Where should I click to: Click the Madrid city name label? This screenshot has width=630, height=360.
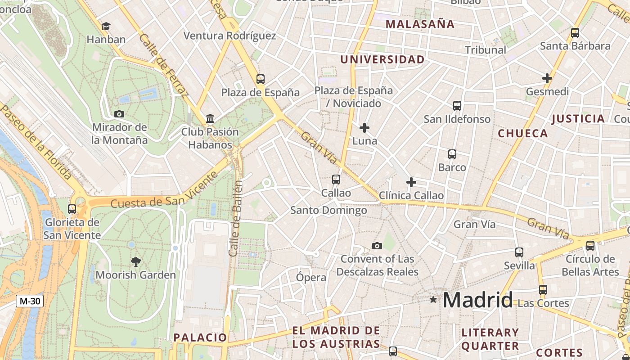[x=478, y=300]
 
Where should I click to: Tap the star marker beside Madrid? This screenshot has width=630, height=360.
[x=433, y=299]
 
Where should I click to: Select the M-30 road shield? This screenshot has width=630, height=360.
[x=30, y=301]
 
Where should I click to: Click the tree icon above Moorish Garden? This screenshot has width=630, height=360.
[x=135, y=261]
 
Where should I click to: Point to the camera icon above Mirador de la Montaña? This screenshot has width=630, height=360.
[x=119, y=114]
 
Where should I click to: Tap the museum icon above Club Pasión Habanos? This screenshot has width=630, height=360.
[x=210, y=119]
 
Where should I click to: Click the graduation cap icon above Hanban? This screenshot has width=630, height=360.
[x=106, y=26]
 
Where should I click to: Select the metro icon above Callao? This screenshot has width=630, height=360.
[x=336, y=180]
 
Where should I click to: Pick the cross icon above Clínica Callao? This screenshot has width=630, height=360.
[x=411, y=182]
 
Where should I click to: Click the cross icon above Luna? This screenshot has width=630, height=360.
[x=364, y=128]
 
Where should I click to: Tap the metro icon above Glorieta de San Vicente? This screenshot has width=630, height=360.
[x=72, y=209]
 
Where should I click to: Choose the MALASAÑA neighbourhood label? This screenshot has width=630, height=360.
[x=420, y=24]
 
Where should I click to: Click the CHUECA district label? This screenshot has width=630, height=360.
[x=523, y=133]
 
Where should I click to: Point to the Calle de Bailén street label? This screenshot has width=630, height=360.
[x=236, y=218]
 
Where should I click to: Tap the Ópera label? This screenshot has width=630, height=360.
[x=310, y=278]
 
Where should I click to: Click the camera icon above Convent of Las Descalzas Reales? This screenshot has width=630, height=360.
[x=377, y=246]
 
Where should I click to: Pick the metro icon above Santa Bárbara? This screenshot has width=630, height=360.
[x=575, y=32]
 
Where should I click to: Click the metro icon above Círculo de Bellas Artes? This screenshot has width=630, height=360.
[x=590, y=245]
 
